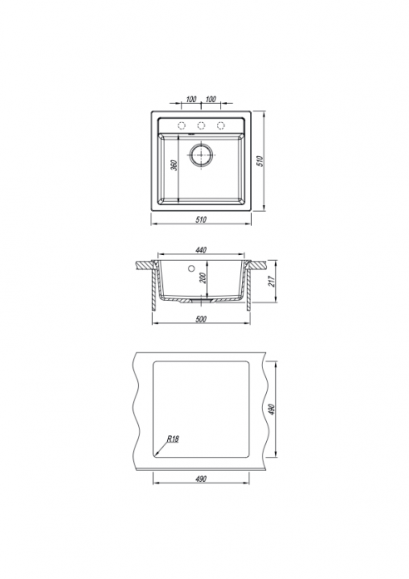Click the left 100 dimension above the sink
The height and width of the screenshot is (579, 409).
[191, 99]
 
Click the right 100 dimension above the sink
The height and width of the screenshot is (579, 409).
[210, 99]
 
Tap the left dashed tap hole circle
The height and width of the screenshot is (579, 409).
[181, 125]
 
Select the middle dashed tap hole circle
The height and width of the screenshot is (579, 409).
[201, 125]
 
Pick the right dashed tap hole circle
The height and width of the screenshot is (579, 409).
[220, 125]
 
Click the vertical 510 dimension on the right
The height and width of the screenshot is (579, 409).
[260, 161]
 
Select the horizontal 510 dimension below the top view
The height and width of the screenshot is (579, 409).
[200, 219]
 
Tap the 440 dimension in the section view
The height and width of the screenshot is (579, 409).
[200, 250]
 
